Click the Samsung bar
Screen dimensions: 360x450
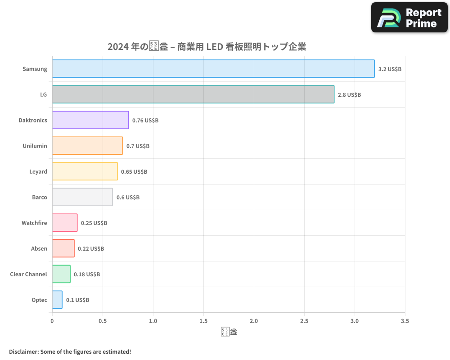pos(213,69)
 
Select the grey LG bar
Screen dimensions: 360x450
pos(193,94)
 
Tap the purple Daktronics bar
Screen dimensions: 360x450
pos(90,120)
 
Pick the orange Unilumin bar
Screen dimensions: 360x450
pos(87,146)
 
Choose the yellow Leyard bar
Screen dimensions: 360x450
pos(85,171)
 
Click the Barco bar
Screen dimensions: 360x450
pos(82,197)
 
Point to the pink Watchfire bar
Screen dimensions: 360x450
pos(65,223)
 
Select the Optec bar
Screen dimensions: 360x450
pos(57,300)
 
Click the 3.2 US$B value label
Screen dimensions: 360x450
pos(390,69)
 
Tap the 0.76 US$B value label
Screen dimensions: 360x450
pos(145,121)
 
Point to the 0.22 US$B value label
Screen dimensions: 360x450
pos(91,249)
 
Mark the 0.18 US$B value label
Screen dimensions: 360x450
pos(87,274)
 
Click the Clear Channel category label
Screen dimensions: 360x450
pos(28,274)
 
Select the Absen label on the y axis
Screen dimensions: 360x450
pos(39,249)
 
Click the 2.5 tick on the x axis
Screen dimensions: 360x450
pos(304,321)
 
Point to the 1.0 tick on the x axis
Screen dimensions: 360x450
pos(153,321)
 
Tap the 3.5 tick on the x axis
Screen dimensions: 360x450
pos(405,321)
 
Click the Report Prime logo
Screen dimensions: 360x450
pos(409,18)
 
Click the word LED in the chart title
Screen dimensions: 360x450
pos(215,47)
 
